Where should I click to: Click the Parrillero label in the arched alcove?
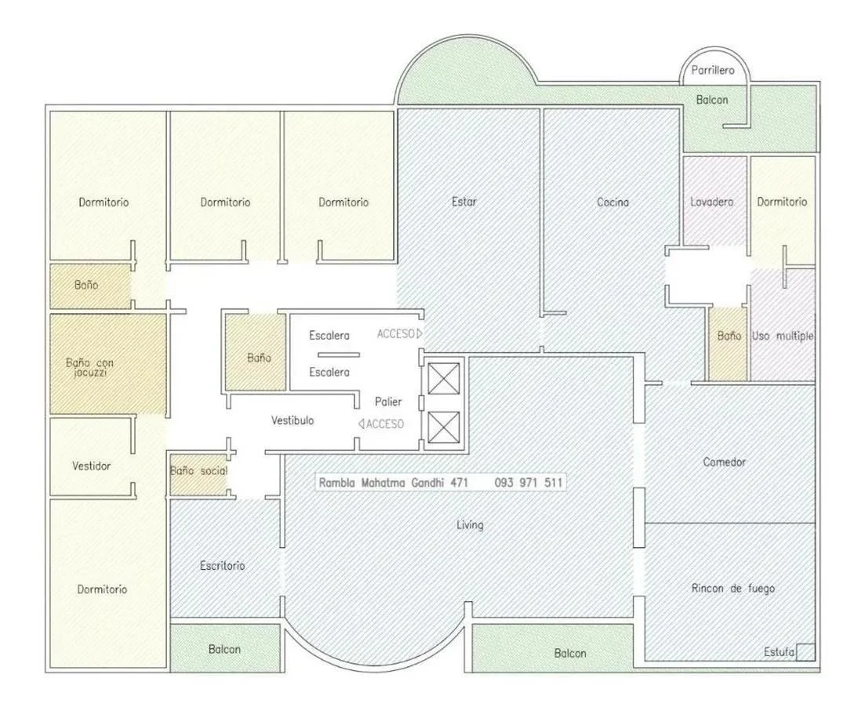tap(713, 70)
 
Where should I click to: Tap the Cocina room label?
tap(613, 202)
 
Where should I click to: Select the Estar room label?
tap(464, 202)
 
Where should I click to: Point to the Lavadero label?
tap(711, 202)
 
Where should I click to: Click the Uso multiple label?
tap(782, 336)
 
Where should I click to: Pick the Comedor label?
tap(725, 461)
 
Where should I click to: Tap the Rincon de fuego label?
tap(733, 588)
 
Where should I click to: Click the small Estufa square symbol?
tap(806, 652)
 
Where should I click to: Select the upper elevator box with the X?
tap(444, 379)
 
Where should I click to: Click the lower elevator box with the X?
tap(444, 427)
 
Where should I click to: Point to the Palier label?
tap(388, 401)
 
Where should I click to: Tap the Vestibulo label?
tap(293, 420)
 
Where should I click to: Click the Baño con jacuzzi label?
tap(89, 367)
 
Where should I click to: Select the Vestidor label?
tap(92, 465)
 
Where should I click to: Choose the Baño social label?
tap(198, 471)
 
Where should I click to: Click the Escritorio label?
tap(222, 565)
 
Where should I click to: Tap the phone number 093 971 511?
tap(529, 483)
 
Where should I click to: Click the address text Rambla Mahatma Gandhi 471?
tap(394, 483)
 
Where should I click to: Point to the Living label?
tap(470, 524)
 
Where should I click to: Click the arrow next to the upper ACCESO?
tap(420, 334)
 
